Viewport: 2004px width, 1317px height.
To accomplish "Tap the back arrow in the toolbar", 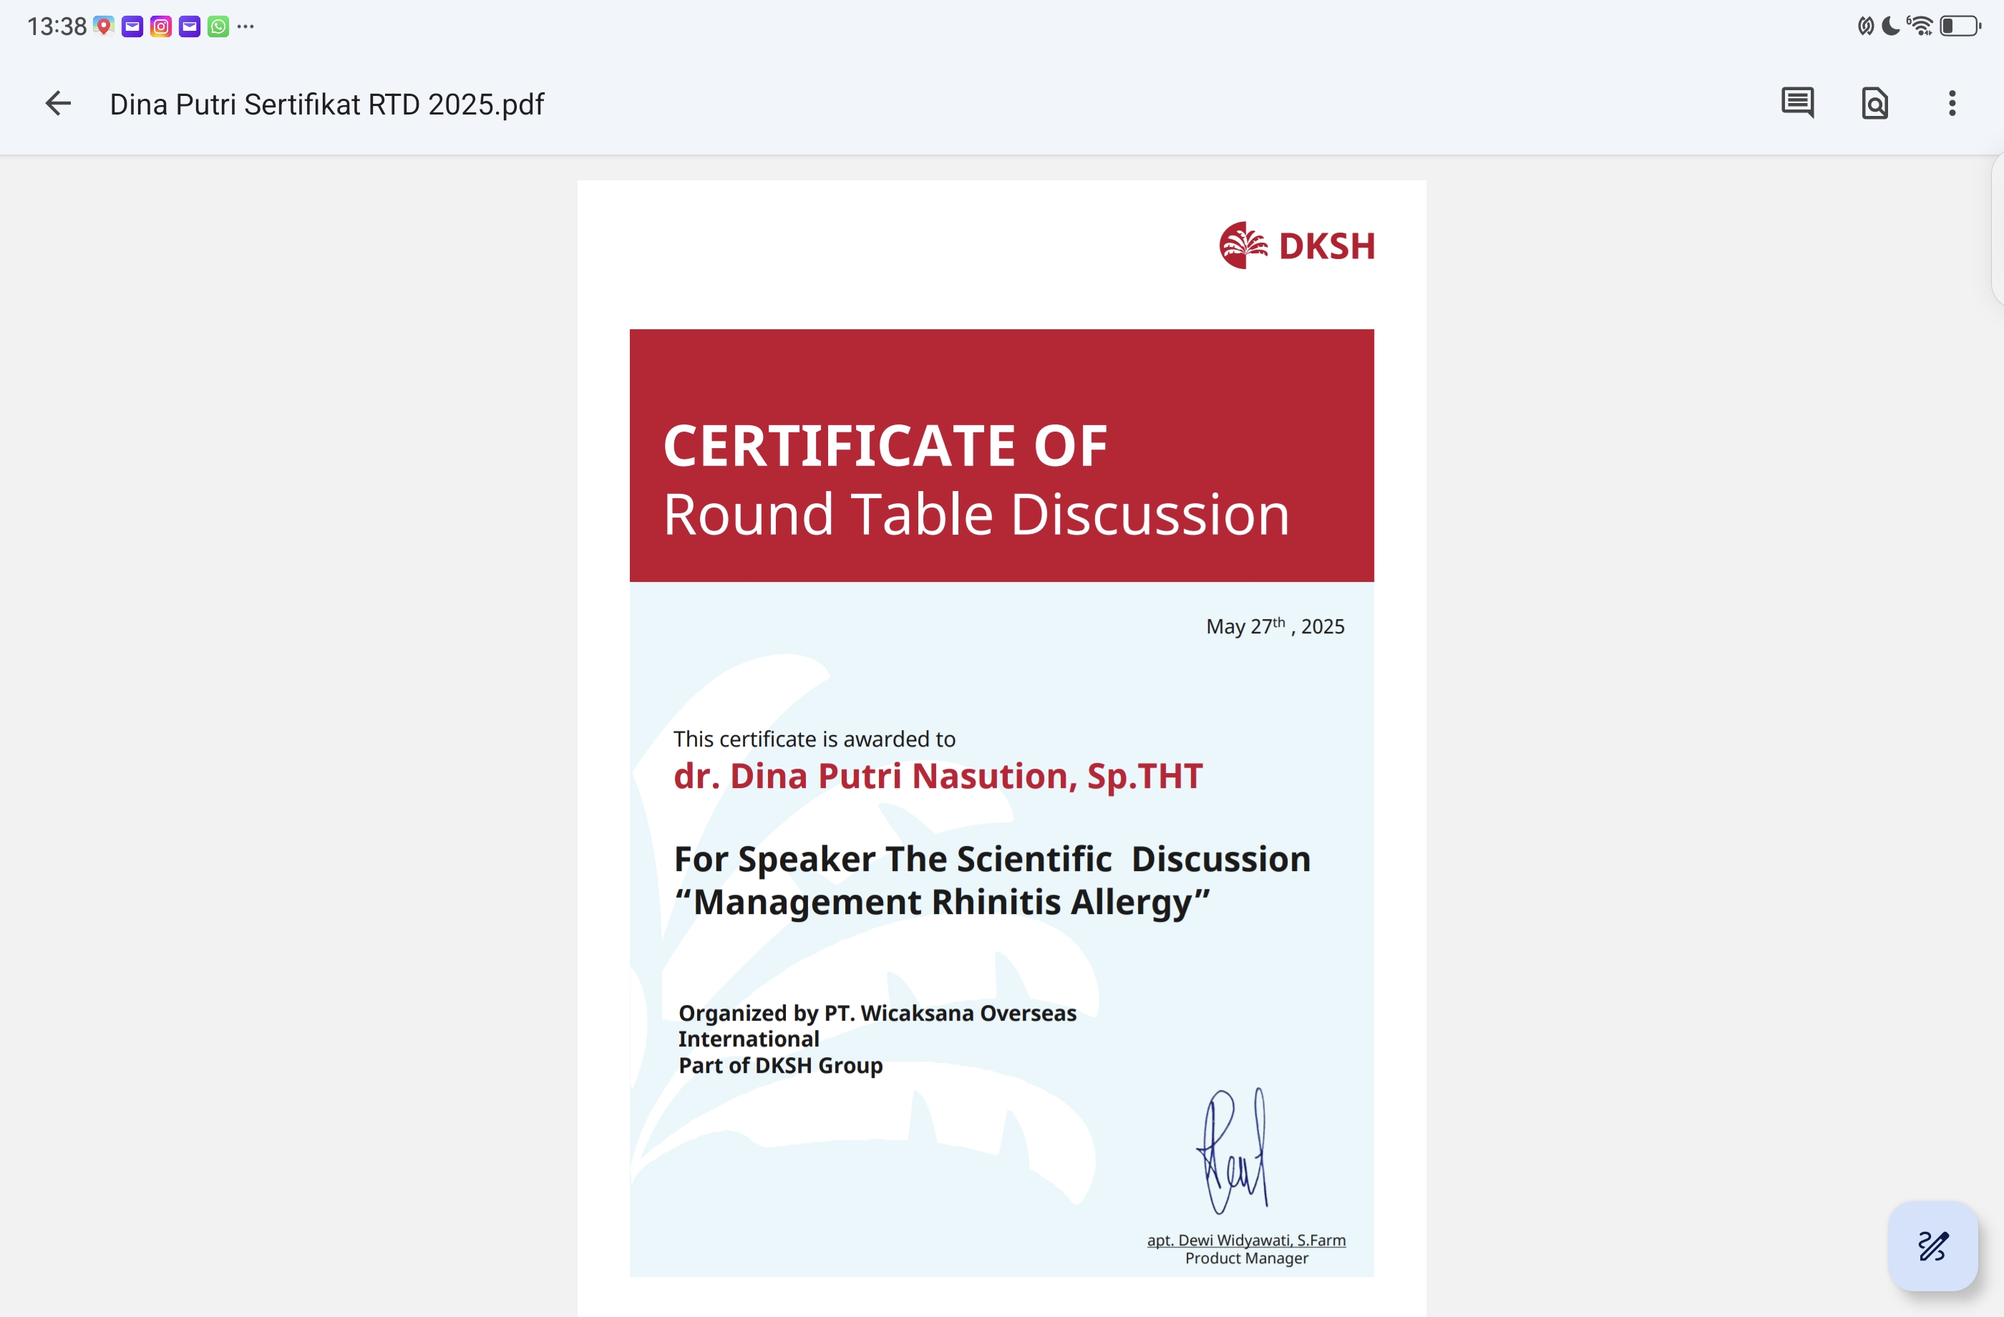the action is [57, 104].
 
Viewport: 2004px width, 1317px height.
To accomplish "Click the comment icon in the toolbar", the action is [1797, 103].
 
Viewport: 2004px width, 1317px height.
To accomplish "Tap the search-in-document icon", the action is [1874, 104].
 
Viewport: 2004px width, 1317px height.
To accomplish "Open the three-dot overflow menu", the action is [1952, 104].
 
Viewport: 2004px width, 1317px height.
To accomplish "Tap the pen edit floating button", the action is [1932, 1245].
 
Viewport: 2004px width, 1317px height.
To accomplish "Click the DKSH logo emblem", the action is [1242, 245].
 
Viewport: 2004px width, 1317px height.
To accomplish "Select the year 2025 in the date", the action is [1323, 626].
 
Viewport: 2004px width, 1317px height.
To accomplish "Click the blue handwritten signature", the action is [1232, 1150].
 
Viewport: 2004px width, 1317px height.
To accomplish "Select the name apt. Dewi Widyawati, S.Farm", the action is [1246, 1240].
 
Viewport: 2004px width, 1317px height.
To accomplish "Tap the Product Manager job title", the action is [1246, 1258].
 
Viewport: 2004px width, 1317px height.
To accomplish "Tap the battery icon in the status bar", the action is [1960, 26].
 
